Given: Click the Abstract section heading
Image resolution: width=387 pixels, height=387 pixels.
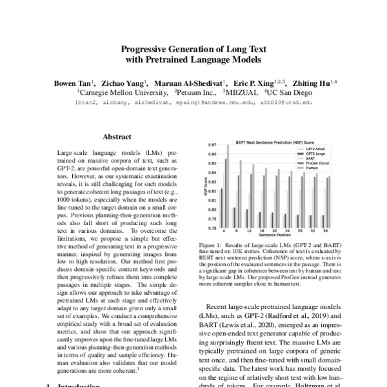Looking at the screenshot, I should (x=117, y=137).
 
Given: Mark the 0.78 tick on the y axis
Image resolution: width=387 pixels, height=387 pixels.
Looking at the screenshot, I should (x=211, y=228).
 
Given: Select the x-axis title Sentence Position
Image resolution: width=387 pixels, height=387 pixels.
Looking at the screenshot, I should (x=275, y=237).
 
